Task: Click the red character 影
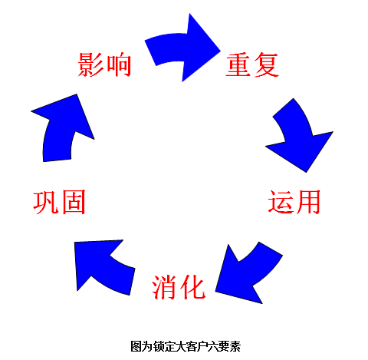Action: (x=91, y=64)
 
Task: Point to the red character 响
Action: (x=119, y=64)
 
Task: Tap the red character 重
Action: (x=238, y=64)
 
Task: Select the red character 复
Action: (x=266, y=64)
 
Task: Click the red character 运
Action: (x=281, y=202)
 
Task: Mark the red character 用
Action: (x=307, y=202)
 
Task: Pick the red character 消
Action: (x=165, y=287)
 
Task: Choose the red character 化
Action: (x=192, y=287)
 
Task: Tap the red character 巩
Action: (x=46, y=202)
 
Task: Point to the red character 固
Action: (x=74, y=202)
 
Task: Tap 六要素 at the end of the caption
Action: (x=225, y=347)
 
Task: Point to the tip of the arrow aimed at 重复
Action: (x=221, y=51)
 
